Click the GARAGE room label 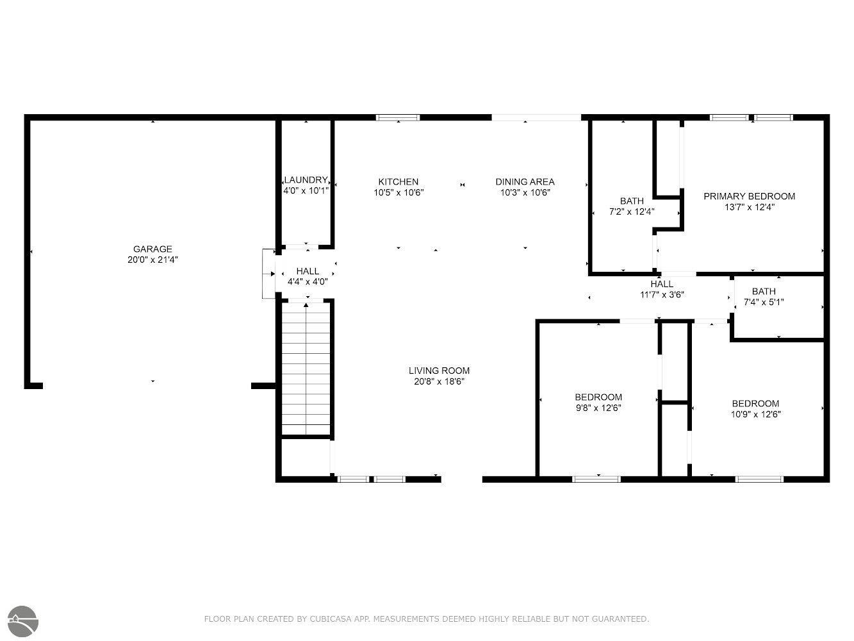coord(152,249)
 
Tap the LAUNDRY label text coord(306,180)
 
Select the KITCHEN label coord(398,182)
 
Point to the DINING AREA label coord(525,182)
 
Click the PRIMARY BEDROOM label coord(750,196)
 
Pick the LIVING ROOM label coord(439,370)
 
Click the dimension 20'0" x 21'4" coord(152,260)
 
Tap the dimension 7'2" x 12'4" coord(632,212)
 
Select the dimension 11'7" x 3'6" coord(662,295)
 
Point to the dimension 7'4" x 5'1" coord(764,302)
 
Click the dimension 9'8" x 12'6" coord(598,408)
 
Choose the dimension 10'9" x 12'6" coord(756,414)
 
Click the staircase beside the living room coord(306,369)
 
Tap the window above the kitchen coord(398,117)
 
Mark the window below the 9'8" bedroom coord(596,479)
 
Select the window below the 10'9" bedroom coord(759,479)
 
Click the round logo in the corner coord(23,621)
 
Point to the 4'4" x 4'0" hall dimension coord(308,281)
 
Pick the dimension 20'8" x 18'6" coord(439,381)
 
